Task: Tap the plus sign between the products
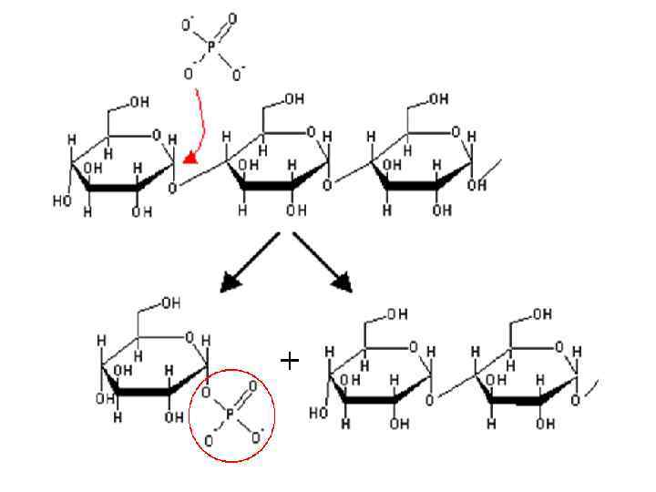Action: [290, 361]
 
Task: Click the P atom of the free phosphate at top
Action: [210, 46]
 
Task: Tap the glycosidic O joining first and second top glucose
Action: [174, 190]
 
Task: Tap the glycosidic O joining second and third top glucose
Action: [327, 185]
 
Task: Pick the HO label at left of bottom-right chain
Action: [318, 413]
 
